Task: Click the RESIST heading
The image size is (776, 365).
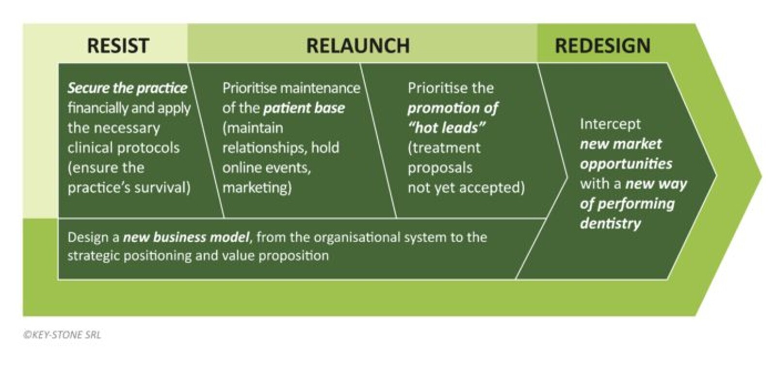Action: [x=117, y=46]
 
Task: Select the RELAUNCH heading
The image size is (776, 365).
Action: [x=358, y=46]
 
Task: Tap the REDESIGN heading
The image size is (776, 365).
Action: [x=602, y=46]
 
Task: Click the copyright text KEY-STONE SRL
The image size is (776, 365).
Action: [x=62, y=334]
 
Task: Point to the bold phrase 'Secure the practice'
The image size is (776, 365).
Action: [x=127, y=88]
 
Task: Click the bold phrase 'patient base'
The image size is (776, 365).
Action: [x=304, y=108]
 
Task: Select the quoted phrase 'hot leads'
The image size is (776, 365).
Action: [x=447, y=128]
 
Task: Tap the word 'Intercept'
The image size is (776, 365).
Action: [x=610, y=124]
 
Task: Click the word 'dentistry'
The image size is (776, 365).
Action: [x=610, y=223]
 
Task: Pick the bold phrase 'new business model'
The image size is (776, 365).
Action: [x=187, y=237]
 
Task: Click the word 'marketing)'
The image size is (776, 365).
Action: [x=257, y=187]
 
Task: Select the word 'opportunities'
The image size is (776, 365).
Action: [x=626, y=164]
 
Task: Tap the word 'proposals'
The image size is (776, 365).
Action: [x=440, y=167]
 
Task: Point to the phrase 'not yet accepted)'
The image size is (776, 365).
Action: [x=466, y=187]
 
